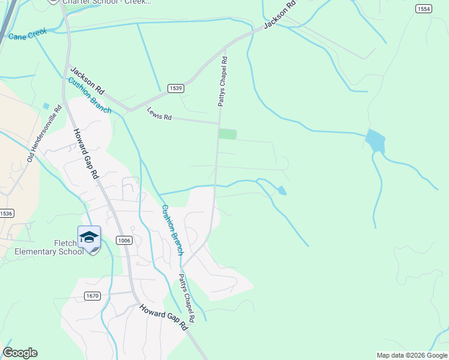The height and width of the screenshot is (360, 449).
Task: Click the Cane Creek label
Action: click(27, 35)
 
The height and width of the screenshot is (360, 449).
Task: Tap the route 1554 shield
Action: click(424, 8)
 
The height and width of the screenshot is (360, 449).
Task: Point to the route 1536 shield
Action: click(6, 213)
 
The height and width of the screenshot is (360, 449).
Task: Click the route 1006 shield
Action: click(124, 240)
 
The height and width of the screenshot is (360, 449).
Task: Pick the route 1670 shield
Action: click(92, 296)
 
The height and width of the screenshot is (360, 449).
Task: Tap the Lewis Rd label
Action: click(159, 114)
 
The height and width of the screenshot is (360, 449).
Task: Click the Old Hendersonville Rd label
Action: click(45, 134)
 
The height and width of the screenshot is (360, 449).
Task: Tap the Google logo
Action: click(20, 353)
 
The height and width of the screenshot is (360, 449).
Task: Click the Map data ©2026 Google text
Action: click(412, 355)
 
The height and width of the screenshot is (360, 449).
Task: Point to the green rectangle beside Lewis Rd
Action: click(228, 134)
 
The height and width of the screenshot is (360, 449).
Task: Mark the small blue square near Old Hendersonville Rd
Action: click(46, 106)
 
